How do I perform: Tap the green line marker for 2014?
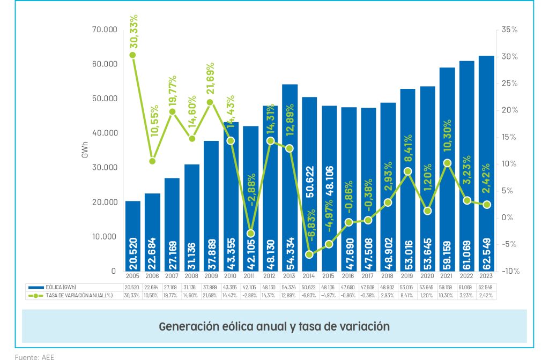point(310,254)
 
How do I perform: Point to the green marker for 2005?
point(132,55)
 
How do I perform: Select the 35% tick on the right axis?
point(510,29)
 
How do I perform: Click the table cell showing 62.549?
point(486,288)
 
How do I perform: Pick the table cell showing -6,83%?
point(309,295)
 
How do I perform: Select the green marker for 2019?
point(408,171)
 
